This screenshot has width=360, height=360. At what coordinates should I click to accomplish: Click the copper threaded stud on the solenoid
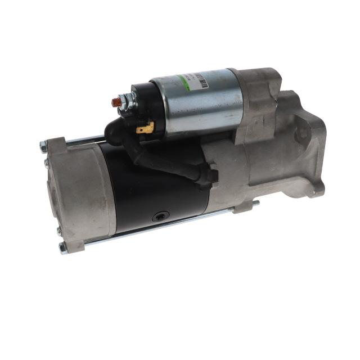[116, 102]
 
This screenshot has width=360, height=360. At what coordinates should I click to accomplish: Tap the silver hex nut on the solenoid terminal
[124, 103]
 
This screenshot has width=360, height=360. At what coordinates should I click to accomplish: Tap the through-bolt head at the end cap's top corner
[42, 147]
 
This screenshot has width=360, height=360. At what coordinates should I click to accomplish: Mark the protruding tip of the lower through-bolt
[256, 202]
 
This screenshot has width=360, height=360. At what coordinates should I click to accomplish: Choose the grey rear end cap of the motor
[76, 191]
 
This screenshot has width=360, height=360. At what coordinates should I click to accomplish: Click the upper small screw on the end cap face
[46, 163]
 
